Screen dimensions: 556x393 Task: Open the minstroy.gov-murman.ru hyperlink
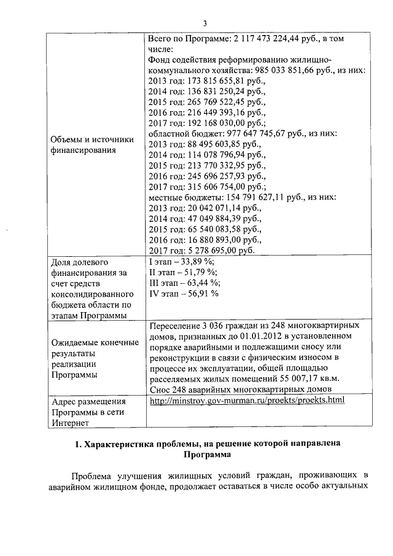[247, 400]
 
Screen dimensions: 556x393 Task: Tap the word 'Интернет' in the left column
[71, 423]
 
